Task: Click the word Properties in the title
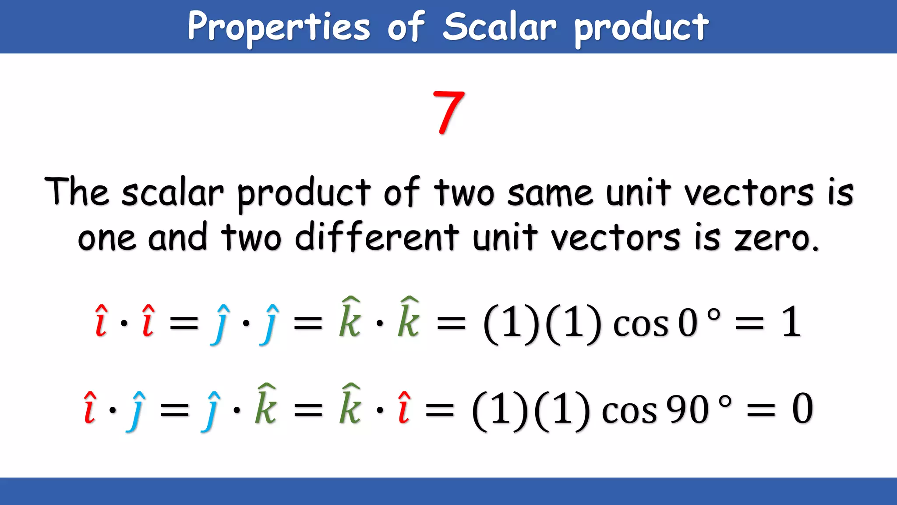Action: (x=279, y=27)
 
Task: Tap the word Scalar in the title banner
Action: (x=499, y=27)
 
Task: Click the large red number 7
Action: (x=448, y=112)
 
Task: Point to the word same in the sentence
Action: (x=550, y=193)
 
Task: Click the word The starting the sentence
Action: (x=77, y=192)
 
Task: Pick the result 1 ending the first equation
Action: (x=791, y=322)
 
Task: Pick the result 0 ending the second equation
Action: (x=802, y=409)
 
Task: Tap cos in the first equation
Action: (x=640, y=324)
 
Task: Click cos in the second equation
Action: (x=629, y=411)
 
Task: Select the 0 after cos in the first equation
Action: (x=687, y=323)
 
